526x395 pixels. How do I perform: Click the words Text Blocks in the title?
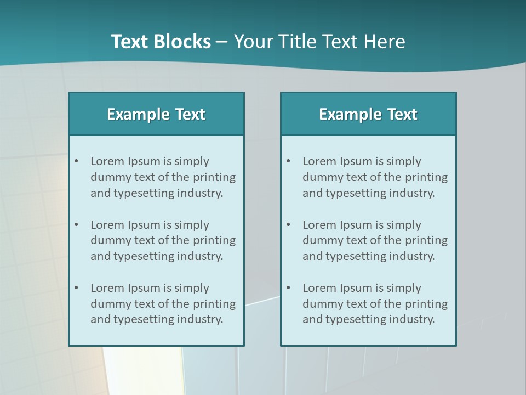coord(161,42)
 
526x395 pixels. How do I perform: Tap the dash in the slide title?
coord(222,42)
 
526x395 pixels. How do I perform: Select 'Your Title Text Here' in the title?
coord(319,42)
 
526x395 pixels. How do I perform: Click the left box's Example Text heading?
coord(156,114)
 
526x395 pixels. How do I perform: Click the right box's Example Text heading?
coord(368,114)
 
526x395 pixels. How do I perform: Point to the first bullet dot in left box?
coord(77,161)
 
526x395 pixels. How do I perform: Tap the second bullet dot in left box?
coord(77,225)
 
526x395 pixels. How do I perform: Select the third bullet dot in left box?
coord(77,288)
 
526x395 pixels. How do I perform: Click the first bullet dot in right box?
coord(289,161)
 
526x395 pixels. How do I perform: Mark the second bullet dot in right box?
coord(289,225)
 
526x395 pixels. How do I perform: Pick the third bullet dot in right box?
coord(289,288)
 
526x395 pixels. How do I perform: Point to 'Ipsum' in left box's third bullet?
coord(144,288)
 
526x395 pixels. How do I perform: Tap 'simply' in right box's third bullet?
coord(404,288)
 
